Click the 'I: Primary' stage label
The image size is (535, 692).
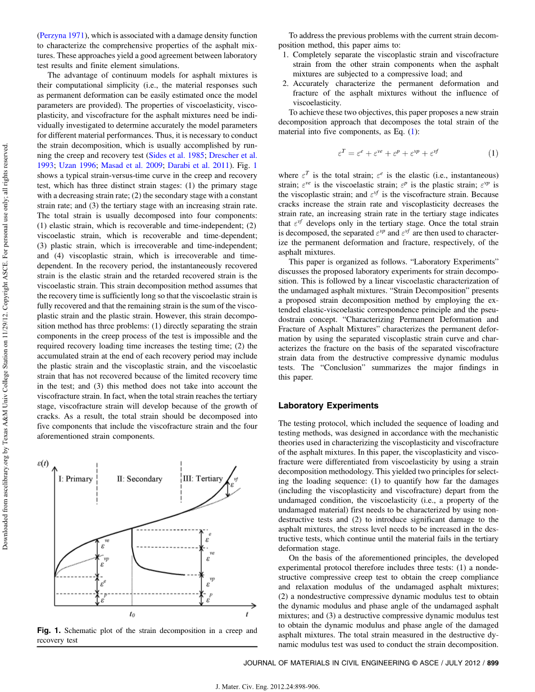coord(75,479)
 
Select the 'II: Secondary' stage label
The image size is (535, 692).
coord(139,479)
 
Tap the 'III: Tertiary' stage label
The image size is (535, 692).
coord(203,479)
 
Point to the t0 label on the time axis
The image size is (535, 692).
coord(132,614)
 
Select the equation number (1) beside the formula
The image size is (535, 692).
coord(493,153)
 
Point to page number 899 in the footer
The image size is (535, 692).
coord(493,663)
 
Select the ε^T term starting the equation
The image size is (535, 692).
coord(341,153)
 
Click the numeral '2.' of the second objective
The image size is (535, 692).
coord(285,84)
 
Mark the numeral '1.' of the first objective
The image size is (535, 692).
coord(285,54)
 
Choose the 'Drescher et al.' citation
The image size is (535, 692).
coord(233,156)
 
